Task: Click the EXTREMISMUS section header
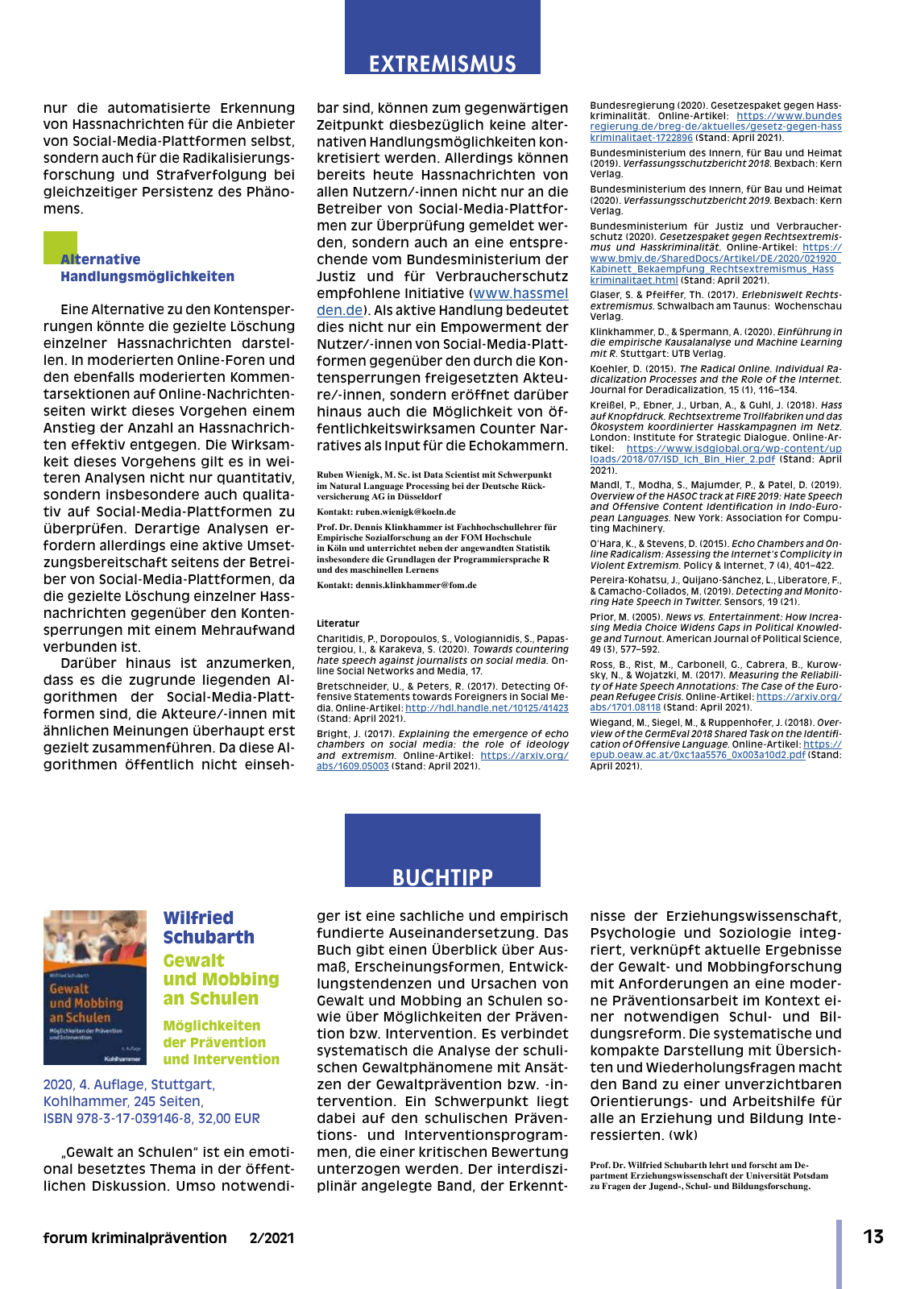tap(442, 64)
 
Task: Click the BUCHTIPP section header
tap(442, 877)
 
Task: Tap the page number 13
tap(873, 1237)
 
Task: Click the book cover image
tap(95, 988)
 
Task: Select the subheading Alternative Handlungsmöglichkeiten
tap(147, 268)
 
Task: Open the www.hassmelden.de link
tap(520, 294)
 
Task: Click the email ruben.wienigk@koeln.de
tap(406, 512)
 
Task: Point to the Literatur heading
tap(338, 623)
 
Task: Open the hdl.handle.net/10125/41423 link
tap(487, 708)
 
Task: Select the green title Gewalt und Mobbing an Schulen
tap(221, 980)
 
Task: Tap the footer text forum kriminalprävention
tap(135, 1238)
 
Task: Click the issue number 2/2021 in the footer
tap(272, 1238)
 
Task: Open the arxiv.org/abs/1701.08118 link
tap(625, 707)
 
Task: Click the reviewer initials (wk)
tap(682, 1135)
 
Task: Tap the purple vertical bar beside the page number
tap(839, 1254)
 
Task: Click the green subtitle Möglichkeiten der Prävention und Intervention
tap(221, 1042)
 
